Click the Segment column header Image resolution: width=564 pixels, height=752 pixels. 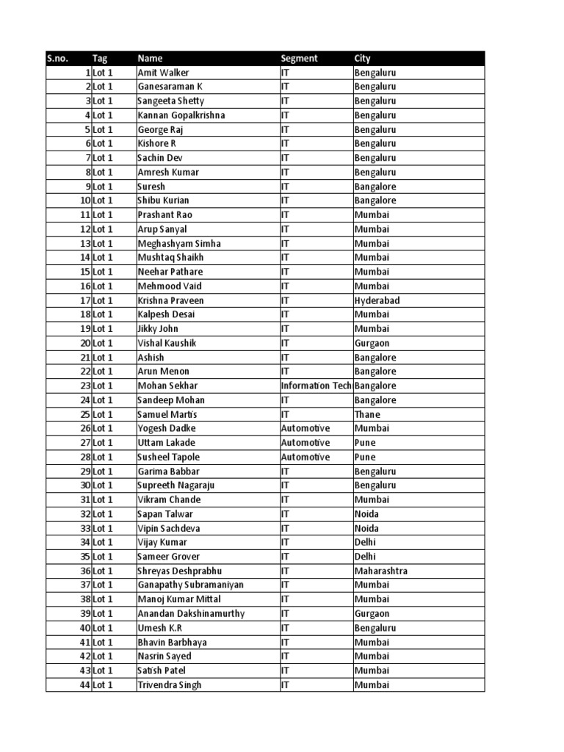[x=300, y=59]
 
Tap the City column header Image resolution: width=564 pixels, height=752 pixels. [x=362, y=59]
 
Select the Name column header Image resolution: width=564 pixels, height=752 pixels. [x=151, y=59]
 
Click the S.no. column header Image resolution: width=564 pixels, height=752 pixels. [x=57, y=59]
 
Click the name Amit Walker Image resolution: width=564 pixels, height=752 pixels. [x=164, y=73]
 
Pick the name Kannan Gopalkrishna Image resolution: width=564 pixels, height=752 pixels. [x=181, y=115]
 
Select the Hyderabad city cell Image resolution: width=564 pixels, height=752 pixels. [x=377, y=300]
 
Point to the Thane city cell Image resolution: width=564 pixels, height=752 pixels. [x=367, y=414]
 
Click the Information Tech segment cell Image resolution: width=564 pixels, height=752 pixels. [x=316, y=386]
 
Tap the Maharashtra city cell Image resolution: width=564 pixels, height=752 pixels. [x=380, y=571]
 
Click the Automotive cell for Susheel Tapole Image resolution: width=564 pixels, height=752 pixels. [x=305, y=457]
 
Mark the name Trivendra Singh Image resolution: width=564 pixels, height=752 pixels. [x=169, y=685]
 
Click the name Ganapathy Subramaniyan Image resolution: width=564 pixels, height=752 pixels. [x=190, y=585]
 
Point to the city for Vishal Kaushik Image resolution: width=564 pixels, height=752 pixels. [x=373, y=343]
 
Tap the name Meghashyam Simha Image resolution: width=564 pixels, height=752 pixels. [x=178, y=244]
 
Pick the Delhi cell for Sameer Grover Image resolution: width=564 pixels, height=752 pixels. [x=366, y=557]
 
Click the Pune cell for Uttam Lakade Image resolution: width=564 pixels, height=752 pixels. [x=365, y=443]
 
